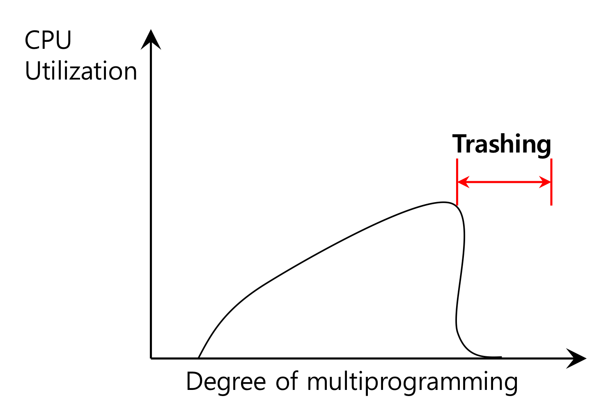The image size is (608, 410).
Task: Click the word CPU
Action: (x=48, y=40)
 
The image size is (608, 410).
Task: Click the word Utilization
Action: (x=81, y=71)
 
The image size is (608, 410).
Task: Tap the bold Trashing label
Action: (x=502, y=145)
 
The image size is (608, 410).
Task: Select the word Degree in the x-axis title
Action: (x=226, y=382)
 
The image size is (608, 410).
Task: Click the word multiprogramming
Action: (x=412, y=383)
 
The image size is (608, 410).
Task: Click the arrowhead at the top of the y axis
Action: (x=151, y=39)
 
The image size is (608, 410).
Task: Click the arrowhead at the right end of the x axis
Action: (x=577, y=358)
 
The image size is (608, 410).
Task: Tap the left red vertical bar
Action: (x=457, y=182)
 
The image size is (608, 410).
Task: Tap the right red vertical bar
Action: (x=551, y=182)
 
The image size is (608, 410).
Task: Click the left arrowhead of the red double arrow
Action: (x=462, y=182)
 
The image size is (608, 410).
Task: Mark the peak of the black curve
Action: (x=443, y=202)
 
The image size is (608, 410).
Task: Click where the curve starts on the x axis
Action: (x=199, y=358)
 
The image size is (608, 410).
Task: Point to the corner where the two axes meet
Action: (x=151, y=358)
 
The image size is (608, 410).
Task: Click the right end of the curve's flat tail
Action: (x=500, y=357)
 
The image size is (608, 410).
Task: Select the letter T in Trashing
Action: (x=460, y=144)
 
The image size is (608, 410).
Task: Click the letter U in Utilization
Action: (x=33, y=71)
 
